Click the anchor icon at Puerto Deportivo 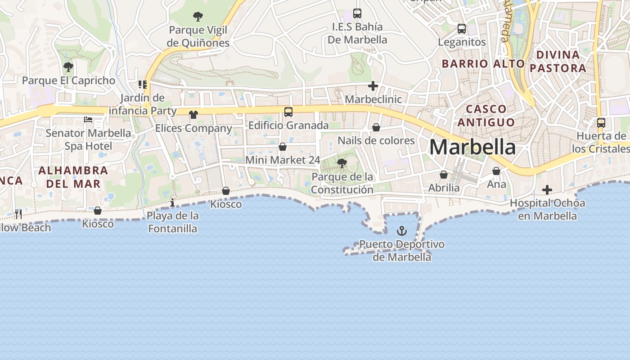point(401,231)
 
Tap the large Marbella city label point(472,147)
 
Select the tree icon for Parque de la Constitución point(342,163)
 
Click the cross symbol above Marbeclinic point(373,86)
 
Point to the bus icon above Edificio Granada point(288,112)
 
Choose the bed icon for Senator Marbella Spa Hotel point(88,120)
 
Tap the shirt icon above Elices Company point(193,115)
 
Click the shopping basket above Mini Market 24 point(283,147)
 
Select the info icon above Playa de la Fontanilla point(172,203)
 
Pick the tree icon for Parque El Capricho point(68,67)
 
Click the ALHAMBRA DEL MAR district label point(73,177)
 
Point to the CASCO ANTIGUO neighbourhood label point(490,116)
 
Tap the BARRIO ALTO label point(483,64)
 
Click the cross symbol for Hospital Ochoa point(547,190)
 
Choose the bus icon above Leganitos point(462,29)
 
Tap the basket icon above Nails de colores point(376,128)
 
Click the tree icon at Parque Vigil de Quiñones point(198,17)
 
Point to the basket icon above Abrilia point(444,175)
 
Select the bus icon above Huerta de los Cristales point(601,122)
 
